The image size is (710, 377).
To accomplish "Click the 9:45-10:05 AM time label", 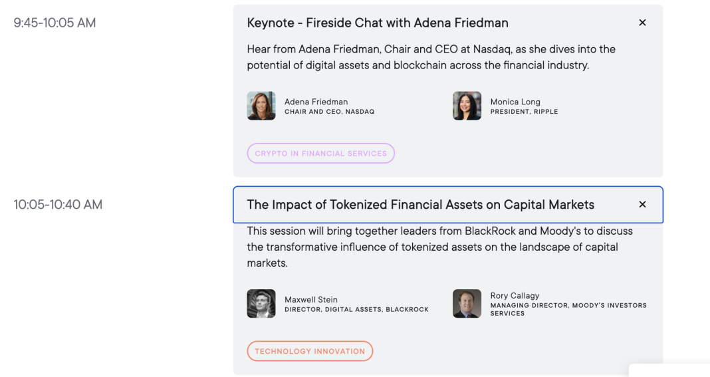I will coord(55,23).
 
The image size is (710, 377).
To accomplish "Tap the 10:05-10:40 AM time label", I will coord(58,204).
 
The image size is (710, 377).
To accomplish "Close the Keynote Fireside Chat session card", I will coord(642,23).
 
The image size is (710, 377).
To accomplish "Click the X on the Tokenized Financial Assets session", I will coord(642,204).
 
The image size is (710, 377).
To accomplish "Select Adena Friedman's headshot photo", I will coord(261,106).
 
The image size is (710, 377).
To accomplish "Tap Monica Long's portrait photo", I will coord(467,106).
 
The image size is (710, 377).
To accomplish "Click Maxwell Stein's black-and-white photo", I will coord(261,304).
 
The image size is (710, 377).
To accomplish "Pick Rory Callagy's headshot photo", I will coord(467,304).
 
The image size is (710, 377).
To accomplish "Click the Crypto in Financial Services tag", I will coord(320,154).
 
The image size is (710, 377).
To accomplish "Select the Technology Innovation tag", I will coord(310,351).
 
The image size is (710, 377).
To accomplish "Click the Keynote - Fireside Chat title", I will coord(378,23).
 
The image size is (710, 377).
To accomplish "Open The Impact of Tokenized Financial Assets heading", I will coord(420,204).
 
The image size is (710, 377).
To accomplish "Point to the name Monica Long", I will coord(515,102).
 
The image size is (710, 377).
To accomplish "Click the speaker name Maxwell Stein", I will coord(311,300).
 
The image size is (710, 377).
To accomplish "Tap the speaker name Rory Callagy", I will coord(515,295).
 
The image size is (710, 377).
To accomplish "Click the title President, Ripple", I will coord(524,112).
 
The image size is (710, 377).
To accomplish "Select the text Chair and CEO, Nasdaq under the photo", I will coord(329,112).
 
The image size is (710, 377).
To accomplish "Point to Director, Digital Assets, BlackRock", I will coord(356,309).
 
